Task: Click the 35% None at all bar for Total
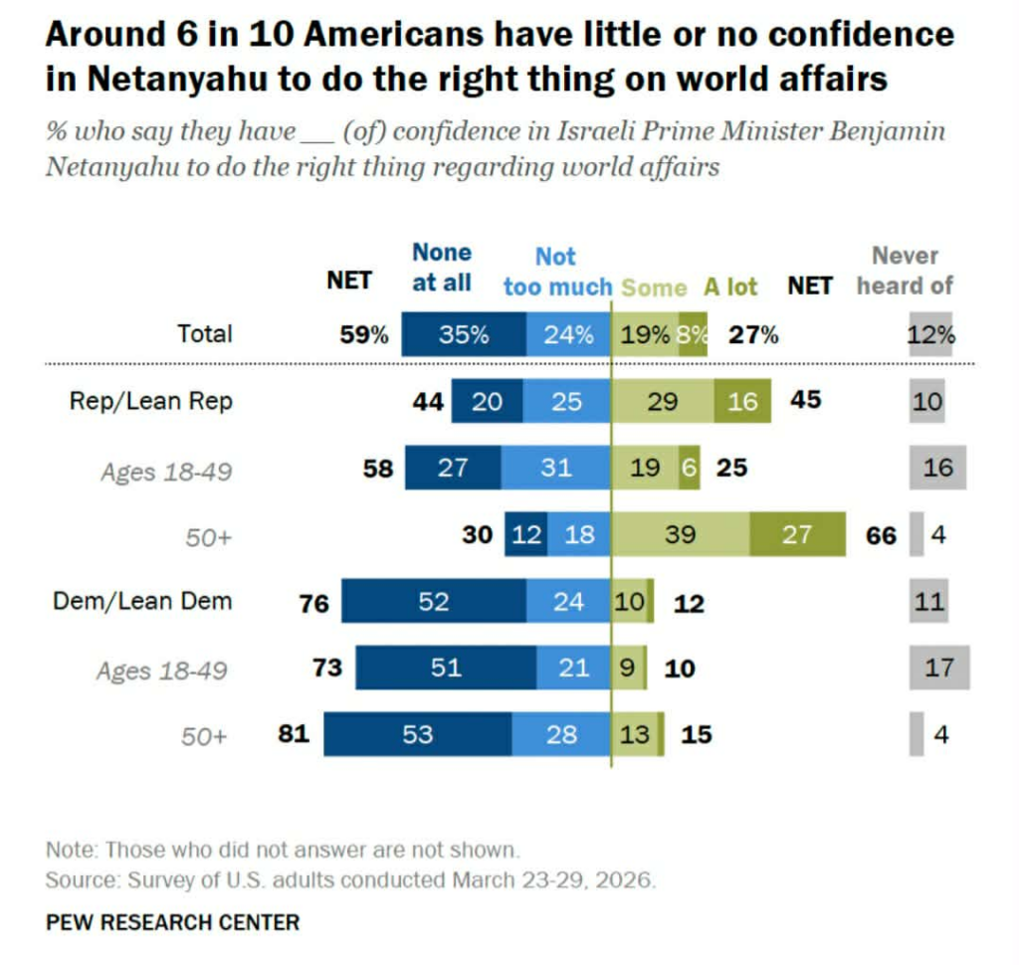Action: coord(464,335)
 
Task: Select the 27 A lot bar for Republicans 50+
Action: coord(797,534)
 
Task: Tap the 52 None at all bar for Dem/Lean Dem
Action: coord(434,601)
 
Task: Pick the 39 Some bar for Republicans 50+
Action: coord(680,534)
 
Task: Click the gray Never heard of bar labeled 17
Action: coord(938,667)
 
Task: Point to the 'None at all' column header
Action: coord(442,268)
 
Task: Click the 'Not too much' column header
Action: coord(557,272)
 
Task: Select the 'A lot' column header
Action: coord(731,287)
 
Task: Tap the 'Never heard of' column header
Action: coord(905,271)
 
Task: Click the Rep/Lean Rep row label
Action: coord(150,401)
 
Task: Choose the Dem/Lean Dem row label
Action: coord(142,601)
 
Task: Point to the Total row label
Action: coord(204,334)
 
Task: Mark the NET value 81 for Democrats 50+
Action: coord(296,735)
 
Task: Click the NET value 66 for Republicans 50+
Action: coord(881,535)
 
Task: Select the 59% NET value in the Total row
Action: coord(364,335)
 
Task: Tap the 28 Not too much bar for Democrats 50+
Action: coord(561,735)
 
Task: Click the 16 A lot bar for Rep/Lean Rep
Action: coord(742,401)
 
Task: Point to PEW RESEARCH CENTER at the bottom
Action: coord(172,922)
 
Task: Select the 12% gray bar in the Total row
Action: coord(931,335)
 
